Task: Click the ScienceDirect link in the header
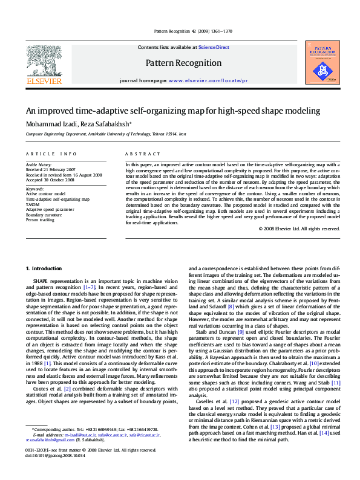coord(214,47)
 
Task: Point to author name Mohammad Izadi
coord(51,124)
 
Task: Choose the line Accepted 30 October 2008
coord(50,180)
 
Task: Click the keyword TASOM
coord(33,204)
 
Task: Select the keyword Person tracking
coord(41,220)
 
